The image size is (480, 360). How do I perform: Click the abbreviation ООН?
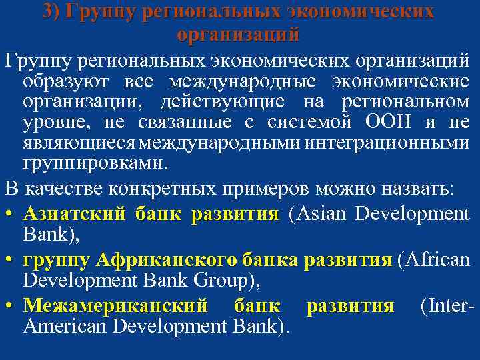tap(384, 123)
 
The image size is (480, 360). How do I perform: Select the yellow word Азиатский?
tap(74, 215)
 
